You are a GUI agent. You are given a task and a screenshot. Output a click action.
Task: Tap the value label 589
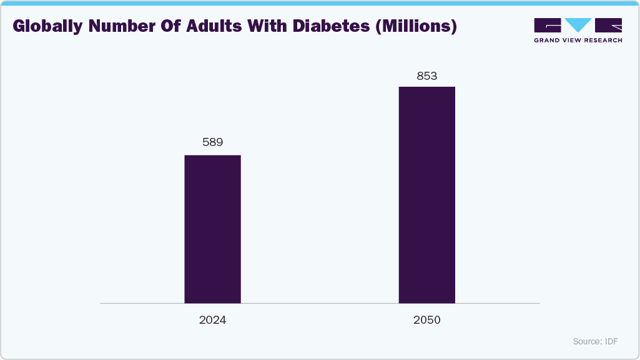coord(212,142)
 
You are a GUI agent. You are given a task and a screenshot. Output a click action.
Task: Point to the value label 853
coord(427,76)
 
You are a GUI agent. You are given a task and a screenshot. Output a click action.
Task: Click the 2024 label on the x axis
coord(212,320)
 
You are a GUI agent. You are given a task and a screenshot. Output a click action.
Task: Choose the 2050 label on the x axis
coord(427,320)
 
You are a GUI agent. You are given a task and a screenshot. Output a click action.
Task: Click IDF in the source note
coord(611,341)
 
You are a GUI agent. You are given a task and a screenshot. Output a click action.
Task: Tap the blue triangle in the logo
coord(578,25)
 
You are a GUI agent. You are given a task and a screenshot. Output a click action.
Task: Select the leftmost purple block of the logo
coord(548,25)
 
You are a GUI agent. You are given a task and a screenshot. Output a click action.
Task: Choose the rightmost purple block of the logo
coord(609,25)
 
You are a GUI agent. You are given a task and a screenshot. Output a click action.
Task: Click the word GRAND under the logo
coord(548,40)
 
